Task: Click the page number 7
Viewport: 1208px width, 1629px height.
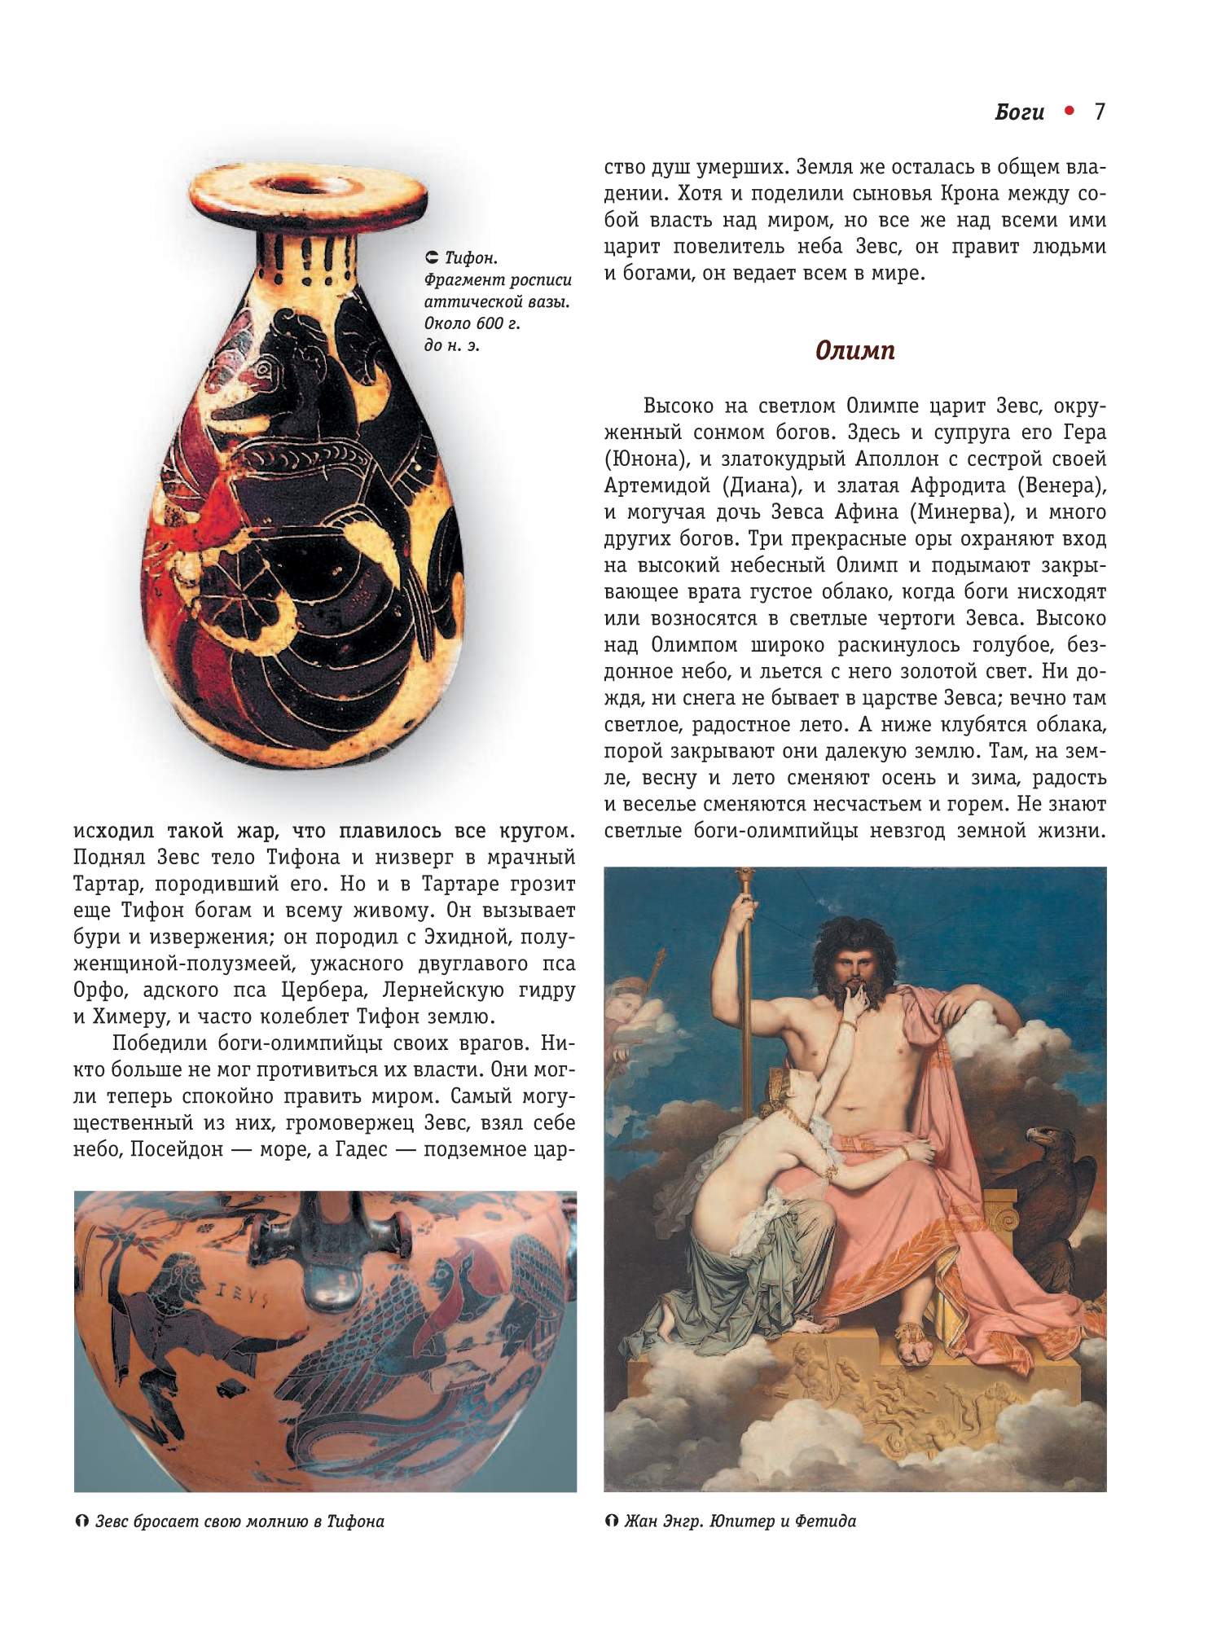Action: (x=1099, y=112)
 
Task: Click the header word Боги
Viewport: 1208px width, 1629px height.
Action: (x=1019, y=112)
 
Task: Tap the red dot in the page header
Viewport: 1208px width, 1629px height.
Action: (x=1070, y=111)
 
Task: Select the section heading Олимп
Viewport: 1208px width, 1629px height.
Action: (x=854, y=350)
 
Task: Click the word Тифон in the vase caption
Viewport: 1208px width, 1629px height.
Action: (x=470, y=258)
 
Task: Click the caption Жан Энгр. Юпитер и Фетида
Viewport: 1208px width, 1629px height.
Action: (x=740, y=1521)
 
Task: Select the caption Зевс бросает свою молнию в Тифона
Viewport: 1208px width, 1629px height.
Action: (x=239, y=1521)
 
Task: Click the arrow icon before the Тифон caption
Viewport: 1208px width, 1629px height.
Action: (x=433, y=258)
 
